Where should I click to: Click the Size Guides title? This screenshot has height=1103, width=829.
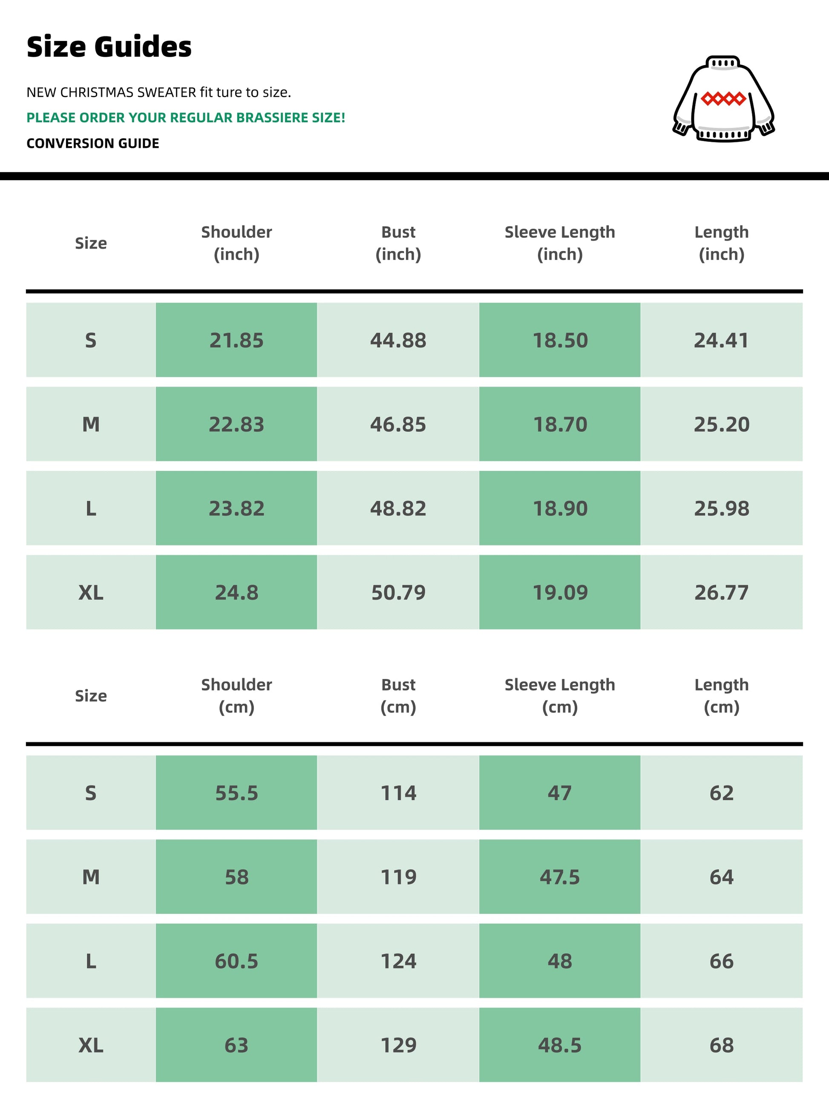(x=109, y=47)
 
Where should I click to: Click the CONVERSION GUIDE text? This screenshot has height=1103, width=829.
(x=93, y=144)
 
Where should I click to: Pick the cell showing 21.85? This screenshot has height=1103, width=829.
(x=236, y=341)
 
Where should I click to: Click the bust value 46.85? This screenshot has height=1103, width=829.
(x=398, y=425)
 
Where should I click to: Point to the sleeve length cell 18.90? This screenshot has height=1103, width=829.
(x=560, y=508)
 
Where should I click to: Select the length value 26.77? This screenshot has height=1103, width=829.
(x=721, y=593)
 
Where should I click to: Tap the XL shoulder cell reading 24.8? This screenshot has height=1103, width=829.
(x=236, y=593)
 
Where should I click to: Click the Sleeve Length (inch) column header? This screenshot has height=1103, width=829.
(x=560, y=243)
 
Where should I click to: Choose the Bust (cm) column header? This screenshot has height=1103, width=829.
(x=398, y=696)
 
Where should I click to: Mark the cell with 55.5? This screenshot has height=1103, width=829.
(x=236, y=793)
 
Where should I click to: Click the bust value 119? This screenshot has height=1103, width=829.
(x=398, y=878)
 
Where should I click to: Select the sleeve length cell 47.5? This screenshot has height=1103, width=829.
(x=560, y=878)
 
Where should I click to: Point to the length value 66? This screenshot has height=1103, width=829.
(x=721, y=962)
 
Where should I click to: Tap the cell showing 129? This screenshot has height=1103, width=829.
(x=398, y=1045)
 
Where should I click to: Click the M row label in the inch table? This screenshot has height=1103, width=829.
(x=91, y=425)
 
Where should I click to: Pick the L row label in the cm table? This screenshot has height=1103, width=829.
(x=91, y=962)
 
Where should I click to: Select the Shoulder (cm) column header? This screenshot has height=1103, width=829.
(x=236, y=696)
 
